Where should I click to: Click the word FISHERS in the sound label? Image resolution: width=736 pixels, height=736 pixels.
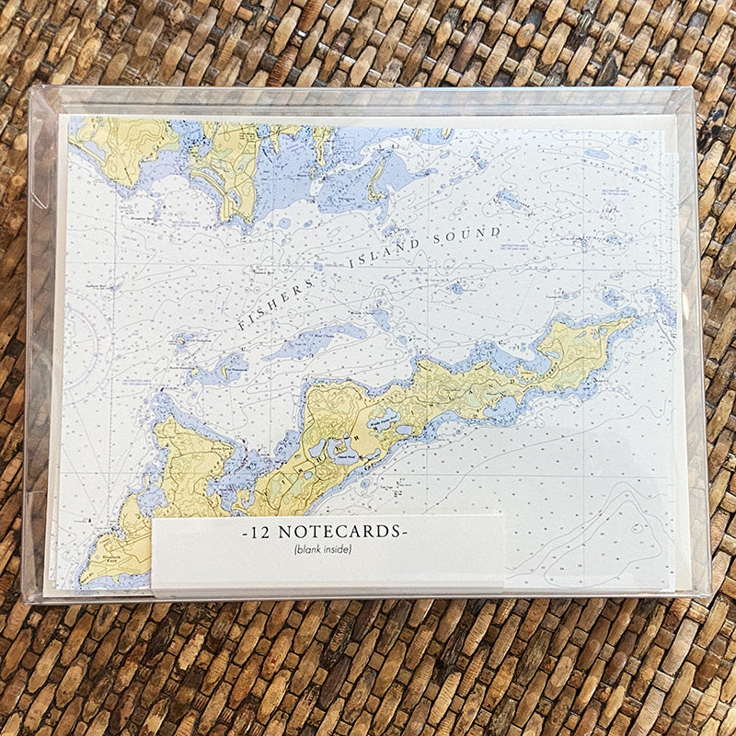tap(274, 298)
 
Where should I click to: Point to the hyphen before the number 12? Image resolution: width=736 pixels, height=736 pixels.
tap(242, 534)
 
